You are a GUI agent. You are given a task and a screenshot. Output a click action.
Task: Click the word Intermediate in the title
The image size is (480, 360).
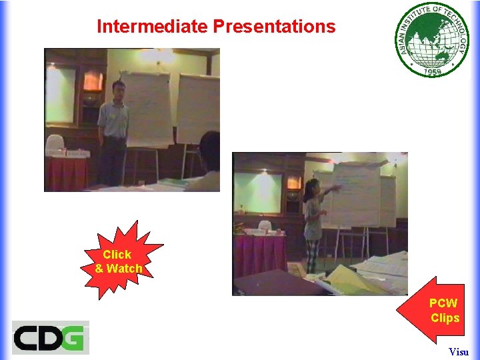pos(153,27)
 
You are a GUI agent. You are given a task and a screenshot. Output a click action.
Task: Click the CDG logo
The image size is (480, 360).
pos(50,337)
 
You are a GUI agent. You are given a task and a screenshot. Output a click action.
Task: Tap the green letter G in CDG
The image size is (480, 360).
pos(73,337)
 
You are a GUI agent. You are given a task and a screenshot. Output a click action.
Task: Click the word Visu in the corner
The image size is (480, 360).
pos(458,351)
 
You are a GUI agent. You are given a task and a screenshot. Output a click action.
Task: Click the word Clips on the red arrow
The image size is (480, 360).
pos(445,318)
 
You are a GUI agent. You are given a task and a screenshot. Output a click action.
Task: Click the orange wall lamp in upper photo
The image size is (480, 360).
pos(93,81)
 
